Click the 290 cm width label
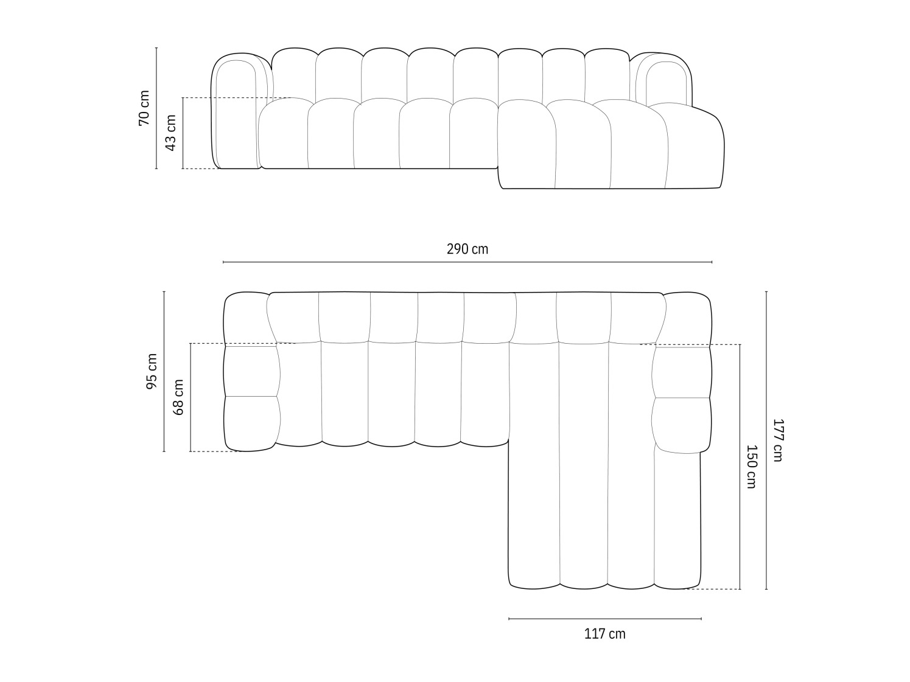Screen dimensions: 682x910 [467, 249]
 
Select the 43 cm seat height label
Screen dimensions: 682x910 [171, 133]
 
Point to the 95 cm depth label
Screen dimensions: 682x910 [152, 371]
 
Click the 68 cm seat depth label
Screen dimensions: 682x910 [178, 397]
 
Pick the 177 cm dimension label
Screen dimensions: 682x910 [777, 440]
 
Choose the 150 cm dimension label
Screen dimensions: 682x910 [751, 467]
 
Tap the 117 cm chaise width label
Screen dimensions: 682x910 [604, 634]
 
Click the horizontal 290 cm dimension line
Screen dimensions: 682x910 [467, 262]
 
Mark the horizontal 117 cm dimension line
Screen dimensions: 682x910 [604, 619]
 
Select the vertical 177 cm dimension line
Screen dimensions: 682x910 [766, 440]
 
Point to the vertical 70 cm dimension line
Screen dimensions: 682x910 [156, 108]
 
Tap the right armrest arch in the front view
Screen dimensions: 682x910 [663, 79]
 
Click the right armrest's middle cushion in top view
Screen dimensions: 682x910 [681, 372]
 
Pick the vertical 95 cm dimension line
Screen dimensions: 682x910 [164, 371]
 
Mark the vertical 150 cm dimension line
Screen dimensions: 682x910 [740, 467]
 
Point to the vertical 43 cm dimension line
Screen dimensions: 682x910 [183, 133]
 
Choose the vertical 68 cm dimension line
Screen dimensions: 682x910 [191, 397]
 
